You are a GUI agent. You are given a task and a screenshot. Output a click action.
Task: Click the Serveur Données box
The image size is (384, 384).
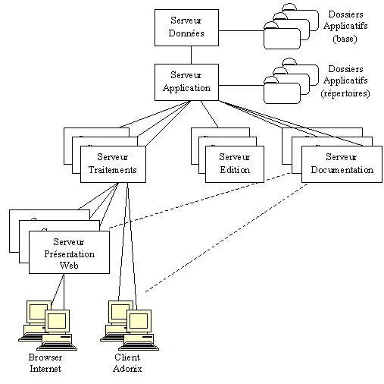[186, 27]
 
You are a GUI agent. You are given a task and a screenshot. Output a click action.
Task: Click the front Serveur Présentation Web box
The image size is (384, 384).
[69, 253]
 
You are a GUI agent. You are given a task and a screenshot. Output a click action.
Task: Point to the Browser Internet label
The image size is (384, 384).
[45, 363]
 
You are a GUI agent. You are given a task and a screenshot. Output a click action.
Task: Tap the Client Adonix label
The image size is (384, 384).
[128, 363]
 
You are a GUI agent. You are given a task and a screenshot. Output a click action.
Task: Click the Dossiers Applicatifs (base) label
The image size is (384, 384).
[349, 27]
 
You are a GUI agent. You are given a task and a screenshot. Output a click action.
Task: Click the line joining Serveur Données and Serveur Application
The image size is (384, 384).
[190, 55]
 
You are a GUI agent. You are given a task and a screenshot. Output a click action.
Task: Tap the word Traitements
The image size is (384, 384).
[112, 170]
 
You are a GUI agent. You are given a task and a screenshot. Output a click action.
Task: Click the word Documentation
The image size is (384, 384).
[342, 170]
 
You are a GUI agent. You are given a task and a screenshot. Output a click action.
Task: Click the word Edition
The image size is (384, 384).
[234, 170]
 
